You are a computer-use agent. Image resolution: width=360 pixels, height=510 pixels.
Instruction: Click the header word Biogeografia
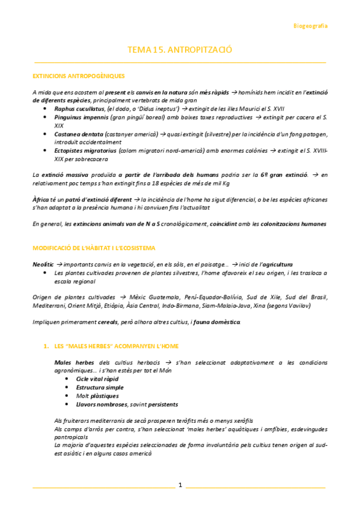(310, 26)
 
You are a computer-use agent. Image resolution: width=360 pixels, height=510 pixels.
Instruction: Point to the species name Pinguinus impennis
(81, 117)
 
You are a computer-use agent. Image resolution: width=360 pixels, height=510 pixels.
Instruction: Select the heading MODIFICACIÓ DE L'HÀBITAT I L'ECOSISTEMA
(94, 248)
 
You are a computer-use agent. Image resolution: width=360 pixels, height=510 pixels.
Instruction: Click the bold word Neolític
(43, 264)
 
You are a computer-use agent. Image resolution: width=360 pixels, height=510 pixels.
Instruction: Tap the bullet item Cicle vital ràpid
(97, 379)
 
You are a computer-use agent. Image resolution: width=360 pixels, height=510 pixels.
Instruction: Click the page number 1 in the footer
(180, 485)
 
